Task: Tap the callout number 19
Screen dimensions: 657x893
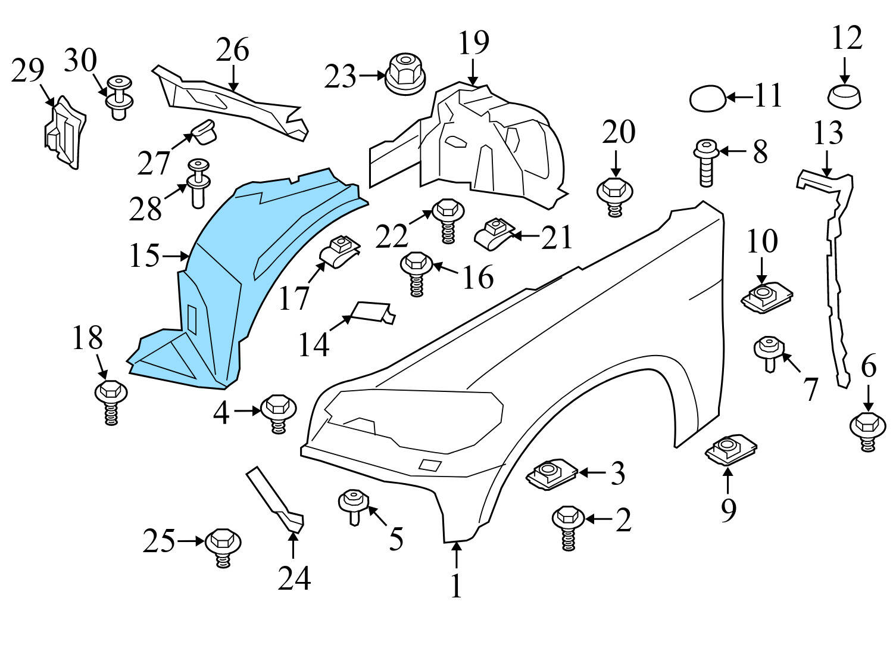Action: pos(474,43)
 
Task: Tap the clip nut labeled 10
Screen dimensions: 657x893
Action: pos(766,296)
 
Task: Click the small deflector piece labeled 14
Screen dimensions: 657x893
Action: pos(374,312)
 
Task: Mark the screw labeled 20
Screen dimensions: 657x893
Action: pos(614,197)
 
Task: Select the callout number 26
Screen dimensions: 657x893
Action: pos(232,51)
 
